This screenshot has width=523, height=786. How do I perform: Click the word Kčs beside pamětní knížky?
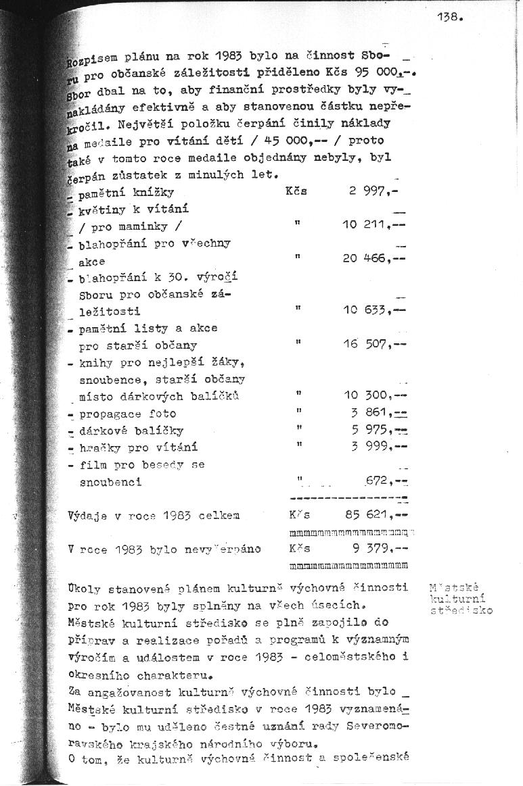coord(296,191)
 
